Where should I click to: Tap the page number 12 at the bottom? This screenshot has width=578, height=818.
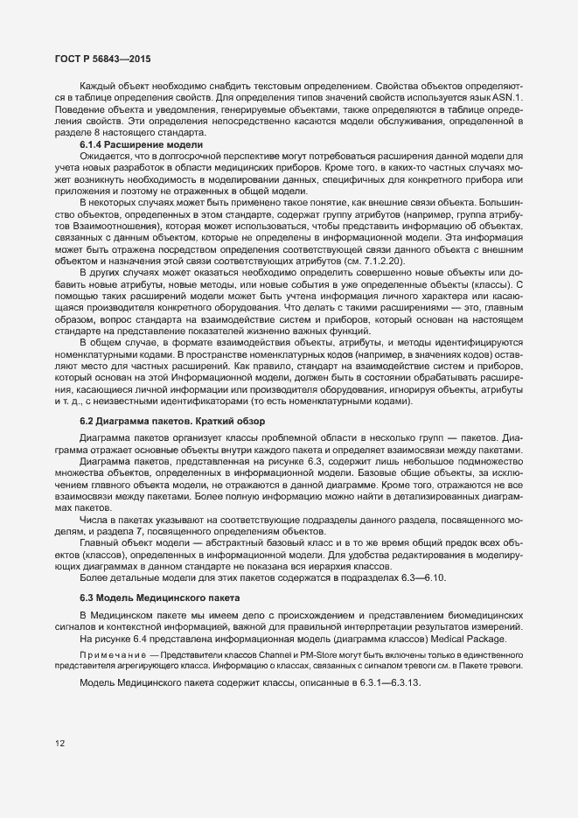pos(59,744)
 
